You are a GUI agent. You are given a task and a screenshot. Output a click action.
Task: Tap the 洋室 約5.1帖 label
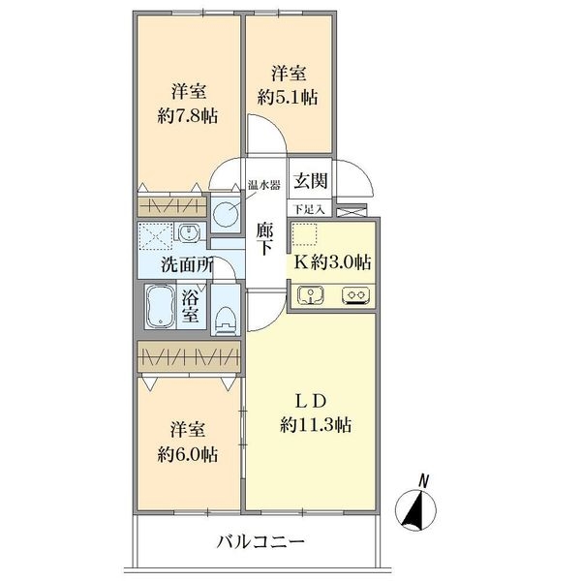click(x=289, y=85)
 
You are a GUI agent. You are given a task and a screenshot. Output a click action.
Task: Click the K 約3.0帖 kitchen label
click(x=333, y=261)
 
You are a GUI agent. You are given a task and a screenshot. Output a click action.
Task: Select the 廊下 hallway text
click(x=264, y=239)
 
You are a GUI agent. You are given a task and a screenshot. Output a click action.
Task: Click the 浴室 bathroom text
click(x=191, y=306)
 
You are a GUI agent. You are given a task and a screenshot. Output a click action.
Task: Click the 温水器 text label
click(x=262, y=184)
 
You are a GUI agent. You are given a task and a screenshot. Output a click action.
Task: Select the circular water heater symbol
click(x=227, y=211)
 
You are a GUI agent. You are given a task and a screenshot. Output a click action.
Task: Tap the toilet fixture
click(x=225, y=315)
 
